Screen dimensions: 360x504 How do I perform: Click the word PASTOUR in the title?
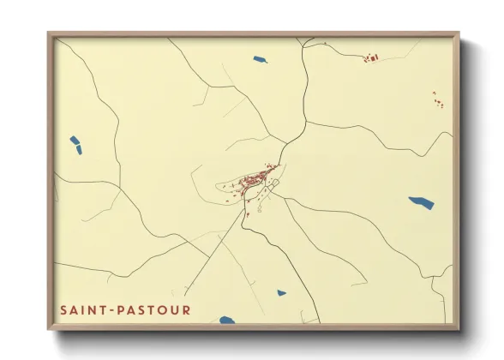[155, 309]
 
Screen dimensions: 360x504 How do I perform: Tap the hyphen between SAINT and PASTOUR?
[112, 309]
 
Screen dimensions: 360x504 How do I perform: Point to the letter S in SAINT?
[63, 309]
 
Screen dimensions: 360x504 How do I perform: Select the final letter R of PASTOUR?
[187, 309]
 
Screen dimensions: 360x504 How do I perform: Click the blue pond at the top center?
[260, 59]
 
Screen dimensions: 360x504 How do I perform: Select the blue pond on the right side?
[421, 203]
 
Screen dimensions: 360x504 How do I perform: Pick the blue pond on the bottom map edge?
[226, 321]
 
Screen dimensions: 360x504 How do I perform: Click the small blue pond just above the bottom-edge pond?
[281, 293]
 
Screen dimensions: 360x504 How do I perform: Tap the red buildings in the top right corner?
[371, 57]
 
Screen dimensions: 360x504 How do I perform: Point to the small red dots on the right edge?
[438, 99]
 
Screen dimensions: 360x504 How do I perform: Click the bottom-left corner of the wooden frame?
[49, 329]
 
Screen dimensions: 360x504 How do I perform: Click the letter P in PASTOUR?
[125, 309]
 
